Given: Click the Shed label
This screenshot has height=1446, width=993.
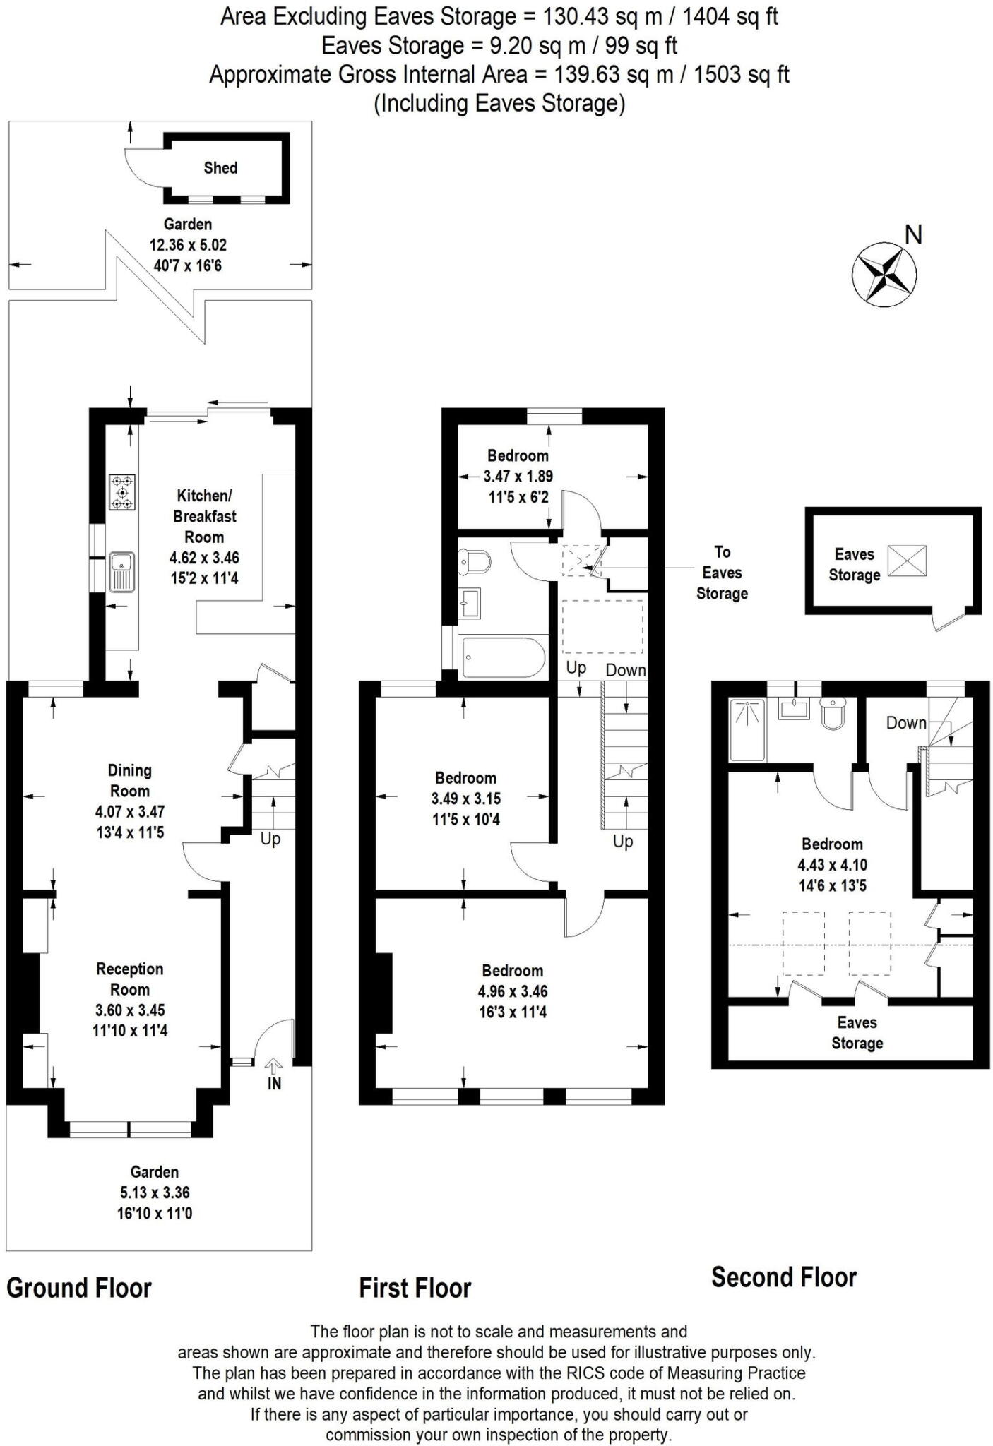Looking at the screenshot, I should coord(220,168).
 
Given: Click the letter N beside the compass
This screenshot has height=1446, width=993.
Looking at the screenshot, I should coord(913,234).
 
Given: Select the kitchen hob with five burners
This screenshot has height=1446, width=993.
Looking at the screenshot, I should coord(122,492).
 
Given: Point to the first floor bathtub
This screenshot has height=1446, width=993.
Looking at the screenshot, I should coord(503,657).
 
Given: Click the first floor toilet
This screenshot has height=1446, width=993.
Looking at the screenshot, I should coord(475,562).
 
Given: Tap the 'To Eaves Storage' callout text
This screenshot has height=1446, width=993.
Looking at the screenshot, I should coord(722,573).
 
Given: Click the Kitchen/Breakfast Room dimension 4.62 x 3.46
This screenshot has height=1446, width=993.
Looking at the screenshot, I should coord(204,558).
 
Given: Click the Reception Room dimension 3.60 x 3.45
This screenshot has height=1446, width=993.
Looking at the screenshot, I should coord(130,1010).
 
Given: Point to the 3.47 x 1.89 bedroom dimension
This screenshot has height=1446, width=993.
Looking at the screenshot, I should coord(518,477).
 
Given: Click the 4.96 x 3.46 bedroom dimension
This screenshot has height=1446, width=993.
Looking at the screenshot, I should coord(512,991).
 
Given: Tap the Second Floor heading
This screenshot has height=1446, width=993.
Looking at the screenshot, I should coord(783,1277).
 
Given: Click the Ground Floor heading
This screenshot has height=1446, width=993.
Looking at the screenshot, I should coord(79,1288).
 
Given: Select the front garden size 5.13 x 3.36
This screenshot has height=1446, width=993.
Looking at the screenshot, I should coord(155,1193).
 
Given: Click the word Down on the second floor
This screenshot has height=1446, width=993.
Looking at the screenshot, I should coord(906,723).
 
